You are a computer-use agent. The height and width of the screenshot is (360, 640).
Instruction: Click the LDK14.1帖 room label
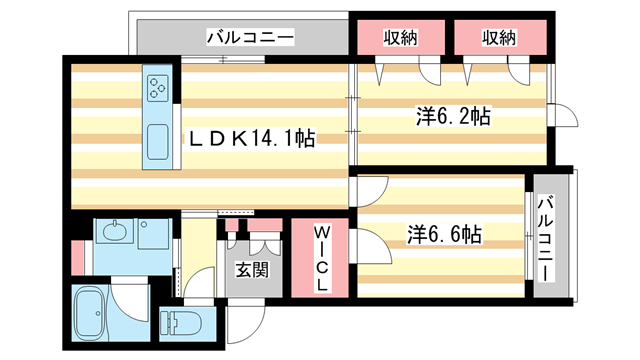(252, 141)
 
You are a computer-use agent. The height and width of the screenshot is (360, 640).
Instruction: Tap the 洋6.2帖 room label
(451, 117)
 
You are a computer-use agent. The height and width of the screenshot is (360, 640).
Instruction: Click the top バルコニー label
(249, 37)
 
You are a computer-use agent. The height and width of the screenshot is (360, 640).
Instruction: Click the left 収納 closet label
(400, 37)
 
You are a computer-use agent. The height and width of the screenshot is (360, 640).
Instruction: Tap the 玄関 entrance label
(251, 271)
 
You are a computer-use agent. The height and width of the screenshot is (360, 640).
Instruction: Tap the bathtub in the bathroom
(92, 312)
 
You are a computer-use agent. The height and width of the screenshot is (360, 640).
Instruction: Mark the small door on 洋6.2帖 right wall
(560, 116)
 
